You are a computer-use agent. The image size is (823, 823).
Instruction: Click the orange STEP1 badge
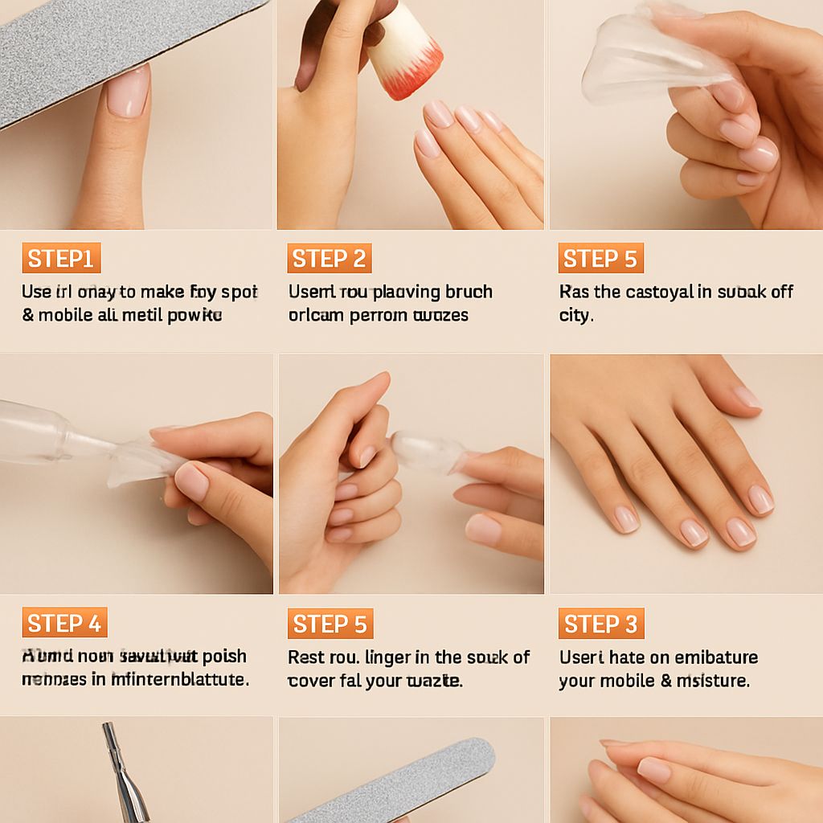(61, 259)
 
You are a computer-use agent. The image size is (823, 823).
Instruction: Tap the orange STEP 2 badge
(329, 259)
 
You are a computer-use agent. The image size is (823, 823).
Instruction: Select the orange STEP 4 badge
(64, 623)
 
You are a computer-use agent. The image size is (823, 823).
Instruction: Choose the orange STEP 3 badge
(600, 624)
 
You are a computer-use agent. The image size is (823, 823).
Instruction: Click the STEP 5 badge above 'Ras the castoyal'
(600, 259)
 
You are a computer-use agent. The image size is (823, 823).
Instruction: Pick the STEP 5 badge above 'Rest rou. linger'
(330, 624)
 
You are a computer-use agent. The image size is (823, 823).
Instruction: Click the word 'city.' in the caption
(575, 315)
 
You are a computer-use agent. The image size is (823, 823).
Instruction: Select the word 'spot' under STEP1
(240, 292)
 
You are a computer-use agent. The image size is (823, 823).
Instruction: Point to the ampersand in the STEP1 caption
(28, 315)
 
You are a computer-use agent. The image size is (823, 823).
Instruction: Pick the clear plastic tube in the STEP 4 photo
(48, 435)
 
